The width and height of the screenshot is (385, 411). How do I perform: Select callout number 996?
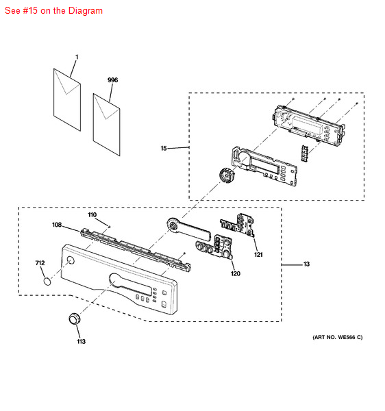pos(112,80)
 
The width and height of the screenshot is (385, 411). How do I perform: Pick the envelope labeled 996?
pos(108,119)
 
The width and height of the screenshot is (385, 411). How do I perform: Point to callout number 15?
pos(164,148)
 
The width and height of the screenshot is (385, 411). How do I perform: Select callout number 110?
pos(92,214)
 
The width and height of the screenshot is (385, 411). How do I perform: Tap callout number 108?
pos(57,225)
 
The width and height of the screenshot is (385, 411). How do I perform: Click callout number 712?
pos(40,262)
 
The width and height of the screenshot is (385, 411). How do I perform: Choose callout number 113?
pos(81,340)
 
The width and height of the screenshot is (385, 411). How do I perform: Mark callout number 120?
pos(235,274)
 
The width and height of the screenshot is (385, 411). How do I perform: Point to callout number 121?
pos(258,255)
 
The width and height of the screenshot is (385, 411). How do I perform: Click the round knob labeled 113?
pos(75,320)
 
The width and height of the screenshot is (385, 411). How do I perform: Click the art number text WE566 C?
pos(337,337)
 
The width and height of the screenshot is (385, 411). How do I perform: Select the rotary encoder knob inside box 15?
pos(224,175)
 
